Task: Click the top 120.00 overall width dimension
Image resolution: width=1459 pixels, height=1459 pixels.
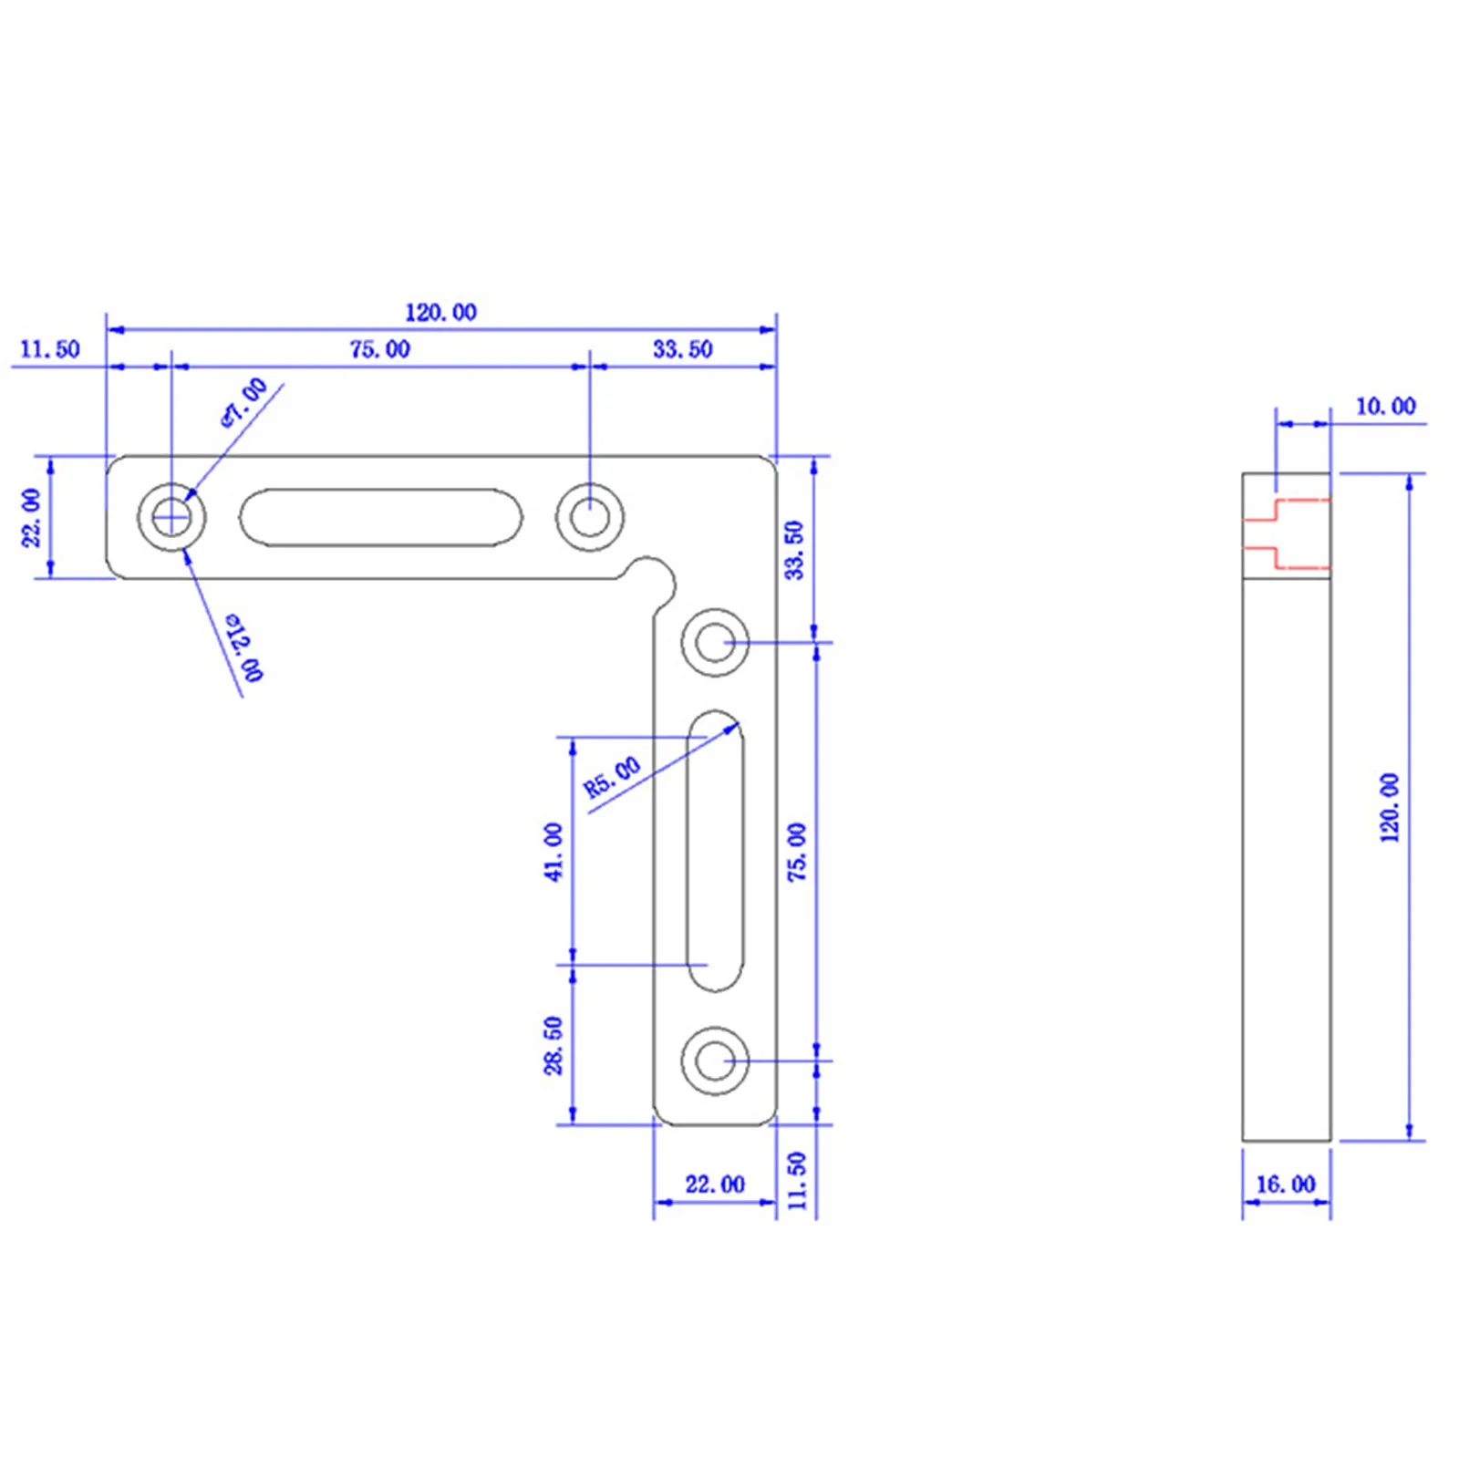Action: point(440,313)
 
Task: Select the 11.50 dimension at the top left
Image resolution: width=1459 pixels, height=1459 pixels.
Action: point(50,349)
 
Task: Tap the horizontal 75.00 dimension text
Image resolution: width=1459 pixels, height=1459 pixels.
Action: point(379,349)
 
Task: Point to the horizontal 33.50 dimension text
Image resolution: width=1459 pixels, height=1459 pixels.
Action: point(682,349)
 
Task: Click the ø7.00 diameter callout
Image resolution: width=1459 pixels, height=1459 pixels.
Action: point(244,401)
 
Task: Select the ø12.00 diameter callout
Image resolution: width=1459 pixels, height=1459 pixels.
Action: point(244,647)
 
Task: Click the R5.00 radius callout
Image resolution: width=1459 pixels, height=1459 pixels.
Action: point(612,778)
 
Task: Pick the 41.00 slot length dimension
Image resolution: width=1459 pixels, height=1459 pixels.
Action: point(554,852)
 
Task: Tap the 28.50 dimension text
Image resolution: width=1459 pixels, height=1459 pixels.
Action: point(554,1045)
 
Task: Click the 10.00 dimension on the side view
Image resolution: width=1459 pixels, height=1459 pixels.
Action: point(1385,407)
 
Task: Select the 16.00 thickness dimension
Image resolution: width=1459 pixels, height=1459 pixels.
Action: point(1286,1185)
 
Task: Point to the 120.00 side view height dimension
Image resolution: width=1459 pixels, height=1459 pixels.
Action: point(1389,807)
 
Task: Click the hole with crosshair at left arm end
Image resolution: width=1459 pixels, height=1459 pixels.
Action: point(171,517)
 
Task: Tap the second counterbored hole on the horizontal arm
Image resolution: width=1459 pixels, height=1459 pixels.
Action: point(590,517)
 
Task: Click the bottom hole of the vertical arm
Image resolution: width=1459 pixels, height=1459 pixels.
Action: point(715,1061)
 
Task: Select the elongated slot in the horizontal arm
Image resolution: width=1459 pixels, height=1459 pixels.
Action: point(380,517)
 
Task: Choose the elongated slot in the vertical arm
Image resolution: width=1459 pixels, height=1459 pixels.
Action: point(715,850)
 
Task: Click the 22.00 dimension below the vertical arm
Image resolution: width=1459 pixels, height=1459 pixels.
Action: point(715,1185)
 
